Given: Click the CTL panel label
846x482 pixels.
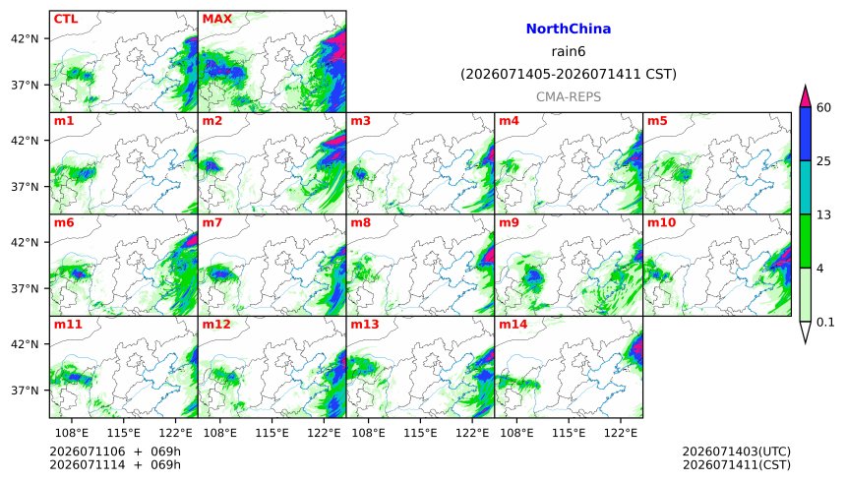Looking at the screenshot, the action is pos(65,19).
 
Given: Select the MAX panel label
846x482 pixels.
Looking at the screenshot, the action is pos(216,19).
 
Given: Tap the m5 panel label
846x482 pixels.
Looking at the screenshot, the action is pos(657,121).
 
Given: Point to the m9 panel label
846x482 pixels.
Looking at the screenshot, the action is pos(509,222).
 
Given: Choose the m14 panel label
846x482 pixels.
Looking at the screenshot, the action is pos(514,325).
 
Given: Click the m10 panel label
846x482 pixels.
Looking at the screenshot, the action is pos(661,222).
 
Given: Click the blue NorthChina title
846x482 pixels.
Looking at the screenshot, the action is pos(569,30).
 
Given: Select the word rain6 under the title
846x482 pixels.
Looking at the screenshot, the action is pos(569,52).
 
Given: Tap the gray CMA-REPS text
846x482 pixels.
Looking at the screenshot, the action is pos(569,97).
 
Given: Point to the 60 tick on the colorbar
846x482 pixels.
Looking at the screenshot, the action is pos(823,107).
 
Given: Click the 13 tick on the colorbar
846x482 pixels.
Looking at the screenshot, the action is pos(823,214).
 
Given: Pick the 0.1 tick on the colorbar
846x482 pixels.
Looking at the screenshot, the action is pos(825,323).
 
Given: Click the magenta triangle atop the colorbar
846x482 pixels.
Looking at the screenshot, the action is pos(806,97).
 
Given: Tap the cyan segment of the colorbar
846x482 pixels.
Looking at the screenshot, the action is pos(806,187).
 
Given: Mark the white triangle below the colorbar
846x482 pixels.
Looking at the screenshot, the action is pos(806,331).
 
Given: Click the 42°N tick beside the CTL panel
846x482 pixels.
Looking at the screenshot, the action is pos(25,39).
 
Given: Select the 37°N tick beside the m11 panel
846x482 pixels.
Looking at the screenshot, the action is pos(25,391).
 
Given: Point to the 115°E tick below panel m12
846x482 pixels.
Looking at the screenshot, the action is pos(272,433).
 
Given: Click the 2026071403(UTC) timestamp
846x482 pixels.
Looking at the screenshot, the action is pos(737,452).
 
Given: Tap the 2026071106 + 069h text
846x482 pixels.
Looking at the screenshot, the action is pos(115,452).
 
